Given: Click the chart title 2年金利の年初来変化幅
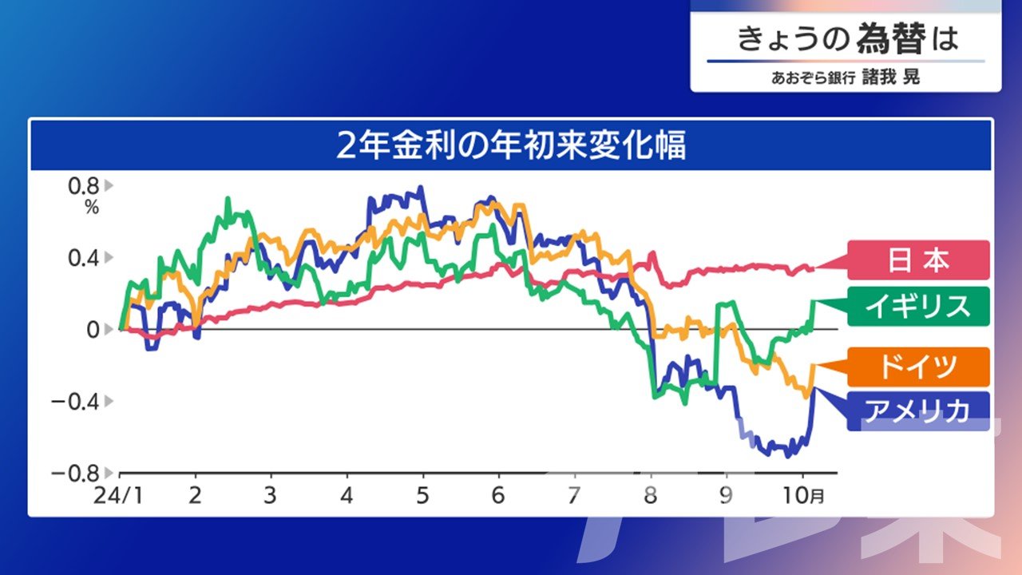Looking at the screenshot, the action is (511, 146).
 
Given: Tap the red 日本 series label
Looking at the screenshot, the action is (918, 260).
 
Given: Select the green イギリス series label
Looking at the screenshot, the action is (918, 306).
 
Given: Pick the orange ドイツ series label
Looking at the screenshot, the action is (918, 367).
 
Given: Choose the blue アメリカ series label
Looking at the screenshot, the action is (918, 410).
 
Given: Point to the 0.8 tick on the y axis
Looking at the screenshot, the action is (84, 186).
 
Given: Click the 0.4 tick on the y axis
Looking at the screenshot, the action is (84, 258).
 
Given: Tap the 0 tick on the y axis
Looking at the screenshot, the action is (93, 330).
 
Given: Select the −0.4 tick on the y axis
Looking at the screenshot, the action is (75, 402).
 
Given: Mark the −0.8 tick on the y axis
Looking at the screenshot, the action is (75, 474).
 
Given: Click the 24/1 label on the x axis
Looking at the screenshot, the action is (117, 495).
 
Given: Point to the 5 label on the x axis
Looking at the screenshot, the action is (422, 495).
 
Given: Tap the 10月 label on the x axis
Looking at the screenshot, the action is (803, 495).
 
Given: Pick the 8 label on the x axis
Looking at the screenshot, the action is (650, 495).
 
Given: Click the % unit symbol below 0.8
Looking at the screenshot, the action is (92, 208).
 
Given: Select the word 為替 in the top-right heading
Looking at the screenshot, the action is (891, 38).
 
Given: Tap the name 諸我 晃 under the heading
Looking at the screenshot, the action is (890, 77).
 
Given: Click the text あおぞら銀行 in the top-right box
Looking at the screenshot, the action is (813, 78).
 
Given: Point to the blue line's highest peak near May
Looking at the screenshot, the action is (421, 187).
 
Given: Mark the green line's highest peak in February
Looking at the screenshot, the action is (228, 199).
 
